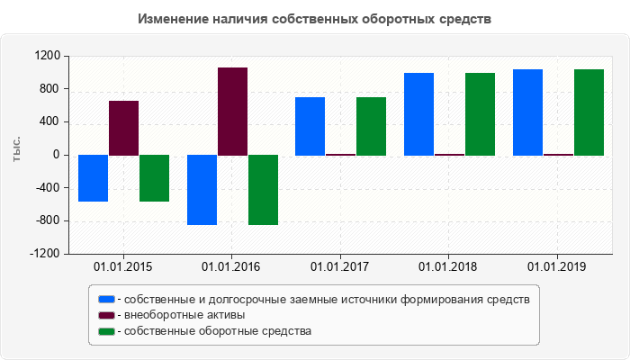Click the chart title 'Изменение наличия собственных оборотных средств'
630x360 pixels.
[315, 19]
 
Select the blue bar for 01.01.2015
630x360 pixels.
[94, 178]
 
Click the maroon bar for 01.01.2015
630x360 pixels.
[123, 128]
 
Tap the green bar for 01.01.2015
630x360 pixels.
[154, 178]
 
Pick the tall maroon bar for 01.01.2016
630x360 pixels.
[232, 112]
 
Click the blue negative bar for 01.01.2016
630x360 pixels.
[202, 190]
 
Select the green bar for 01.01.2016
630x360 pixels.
[263, 190]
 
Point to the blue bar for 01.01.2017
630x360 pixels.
[310, 126]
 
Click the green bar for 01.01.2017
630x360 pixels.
[371, 126]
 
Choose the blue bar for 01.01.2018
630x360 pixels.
[418, 114]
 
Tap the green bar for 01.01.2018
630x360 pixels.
[480, 114]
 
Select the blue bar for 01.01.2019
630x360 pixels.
[527, 112]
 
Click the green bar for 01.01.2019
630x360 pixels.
[589, 112]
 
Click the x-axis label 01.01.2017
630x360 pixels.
[340, 266]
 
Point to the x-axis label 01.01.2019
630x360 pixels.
[557, 266]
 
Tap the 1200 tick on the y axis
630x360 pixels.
[48, 56]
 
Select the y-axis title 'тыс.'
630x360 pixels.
[15, 150]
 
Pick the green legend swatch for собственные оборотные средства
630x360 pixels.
[107, 331]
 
